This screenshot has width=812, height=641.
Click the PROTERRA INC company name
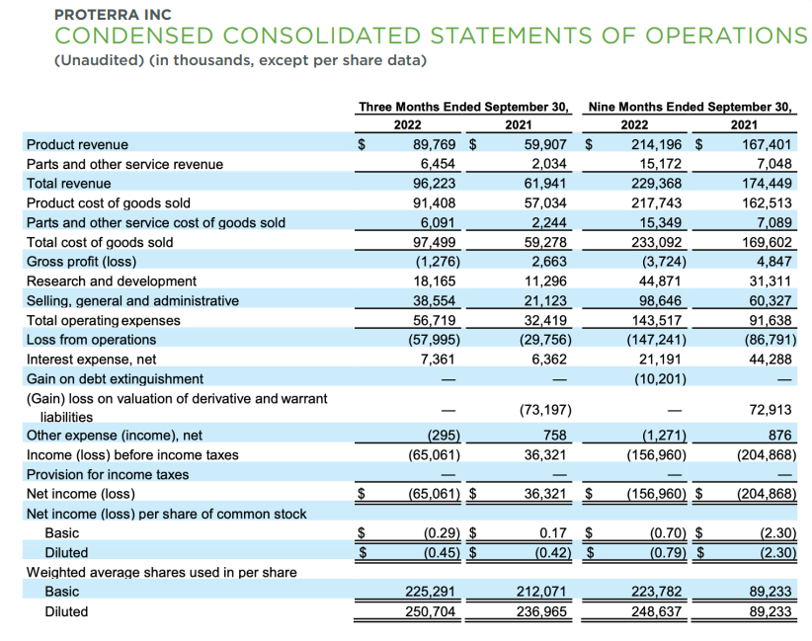tap(114, 14)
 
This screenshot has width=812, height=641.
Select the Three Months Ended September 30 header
tap(464, 106)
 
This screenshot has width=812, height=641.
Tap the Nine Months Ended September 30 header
tap(691, 106)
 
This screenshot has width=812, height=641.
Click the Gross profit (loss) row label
tap(81, 262)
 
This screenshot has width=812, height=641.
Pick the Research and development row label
tap(111, 281)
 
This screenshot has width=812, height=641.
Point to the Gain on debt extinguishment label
tap(115, 379)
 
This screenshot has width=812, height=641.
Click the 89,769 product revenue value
tap(435, 144)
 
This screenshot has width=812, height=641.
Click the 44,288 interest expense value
tap(771, 360)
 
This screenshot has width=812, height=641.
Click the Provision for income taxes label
tap(107, 474)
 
